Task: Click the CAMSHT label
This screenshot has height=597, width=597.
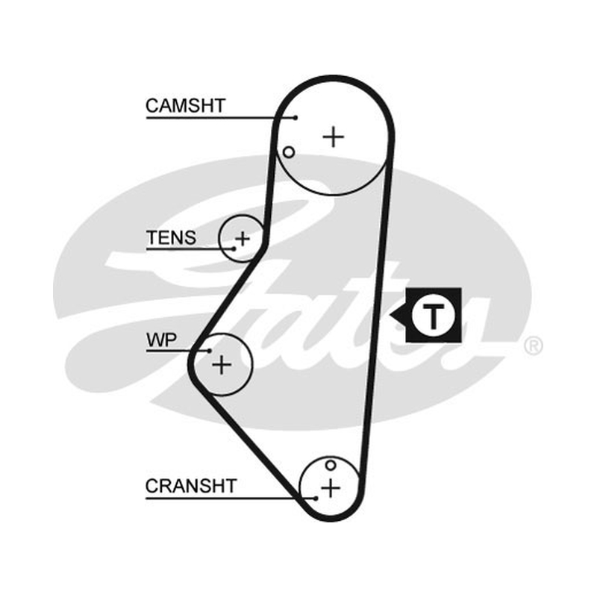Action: (185, 106)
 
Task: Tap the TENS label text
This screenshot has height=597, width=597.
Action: (172, 238)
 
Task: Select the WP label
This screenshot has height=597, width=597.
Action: (161, 340)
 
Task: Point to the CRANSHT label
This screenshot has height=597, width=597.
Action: (191, 486)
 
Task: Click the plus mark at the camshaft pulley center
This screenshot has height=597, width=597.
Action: (334, 137)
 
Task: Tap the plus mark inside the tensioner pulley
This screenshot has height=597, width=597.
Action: (242, 239)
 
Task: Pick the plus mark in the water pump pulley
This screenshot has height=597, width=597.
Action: (222, 365)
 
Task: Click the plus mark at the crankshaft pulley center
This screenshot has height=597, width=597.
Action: (331, 488)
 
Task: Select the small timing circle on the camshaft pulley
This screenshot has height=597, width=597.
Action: (289, 152)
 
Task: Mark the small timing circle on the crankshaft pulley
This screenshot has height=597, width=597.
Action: (331, 465)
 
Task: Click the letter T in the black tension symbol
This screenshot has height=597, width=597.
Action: (434, 316)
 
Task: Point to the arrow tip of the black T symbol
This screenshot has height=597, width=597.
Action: (390, 316)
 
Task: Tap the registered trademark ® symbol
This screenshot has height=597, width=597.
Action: (534, 346)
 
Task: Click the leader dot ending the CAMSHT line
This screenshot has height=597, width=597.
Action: (296, 118)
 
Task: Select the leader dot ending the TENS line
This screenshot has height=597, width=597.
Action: (234, 249)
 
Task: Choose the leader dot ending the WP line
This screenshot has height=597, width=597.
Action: (210, 350)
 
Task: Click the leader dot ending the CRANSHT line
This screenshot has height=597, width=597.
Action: (316, 498)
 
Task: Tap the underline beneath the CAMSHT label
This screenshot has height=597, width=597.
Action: (220, 118)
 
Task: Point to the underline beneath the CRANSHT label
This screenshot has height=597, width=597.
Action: (230, 498)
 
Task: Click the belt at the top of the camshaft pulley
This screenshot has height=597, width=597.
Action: (334, 78)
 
